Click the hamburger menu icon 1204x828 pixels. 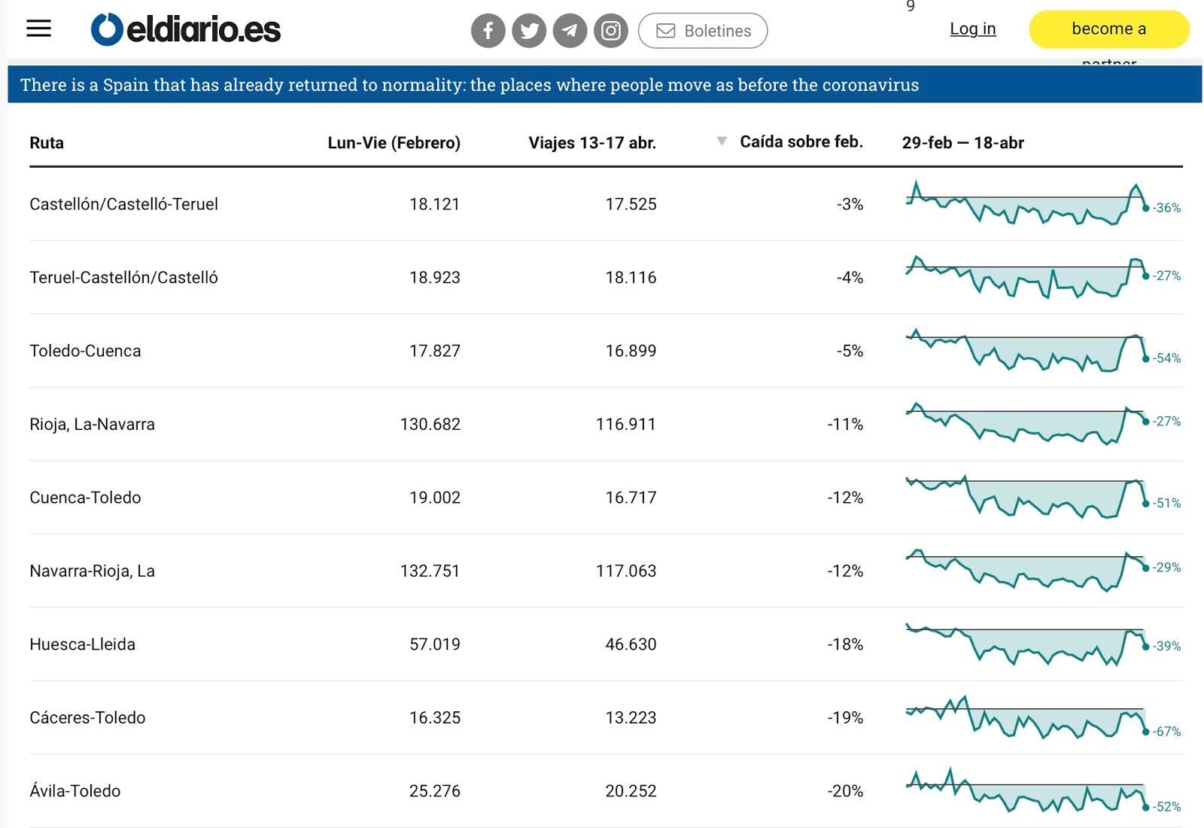pos(39,29)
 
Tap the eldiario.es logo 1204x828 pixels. pos(186,29)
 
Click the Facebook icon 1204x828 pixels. pos(488,31)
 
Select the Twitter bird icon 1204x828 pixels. pos(529,31)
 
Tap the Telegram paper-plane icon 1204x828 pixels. pos(570,31)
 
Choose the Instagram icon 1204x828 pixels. pos(611,31)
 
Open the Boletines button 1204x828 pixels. pos(703,31)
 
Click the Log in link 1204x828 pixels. pos(972,29)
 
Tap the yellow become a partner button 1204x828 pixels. pos(1108,29)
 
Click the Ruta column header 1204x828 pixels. pos(47,143)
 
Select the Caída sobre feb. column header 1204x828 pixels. pos(801,142)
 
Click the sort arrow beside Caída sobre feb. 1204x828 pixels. pos(722,141)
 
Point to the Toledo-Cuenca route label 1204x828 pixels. pos(85,351)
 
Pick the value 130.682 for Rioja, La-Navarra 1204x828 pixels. pos(430,425)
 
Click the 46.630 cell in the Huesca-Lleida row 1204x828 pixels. pos(631,644)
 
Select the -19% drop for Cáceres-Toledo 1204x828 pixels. pos(845,718)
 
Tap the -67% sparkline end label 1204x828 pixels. pos(1166,732)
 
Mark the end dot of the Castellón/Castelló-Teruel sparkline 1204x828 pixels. pos(1146,208)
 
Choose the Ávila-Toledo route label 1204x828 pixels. pos(75,791)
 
